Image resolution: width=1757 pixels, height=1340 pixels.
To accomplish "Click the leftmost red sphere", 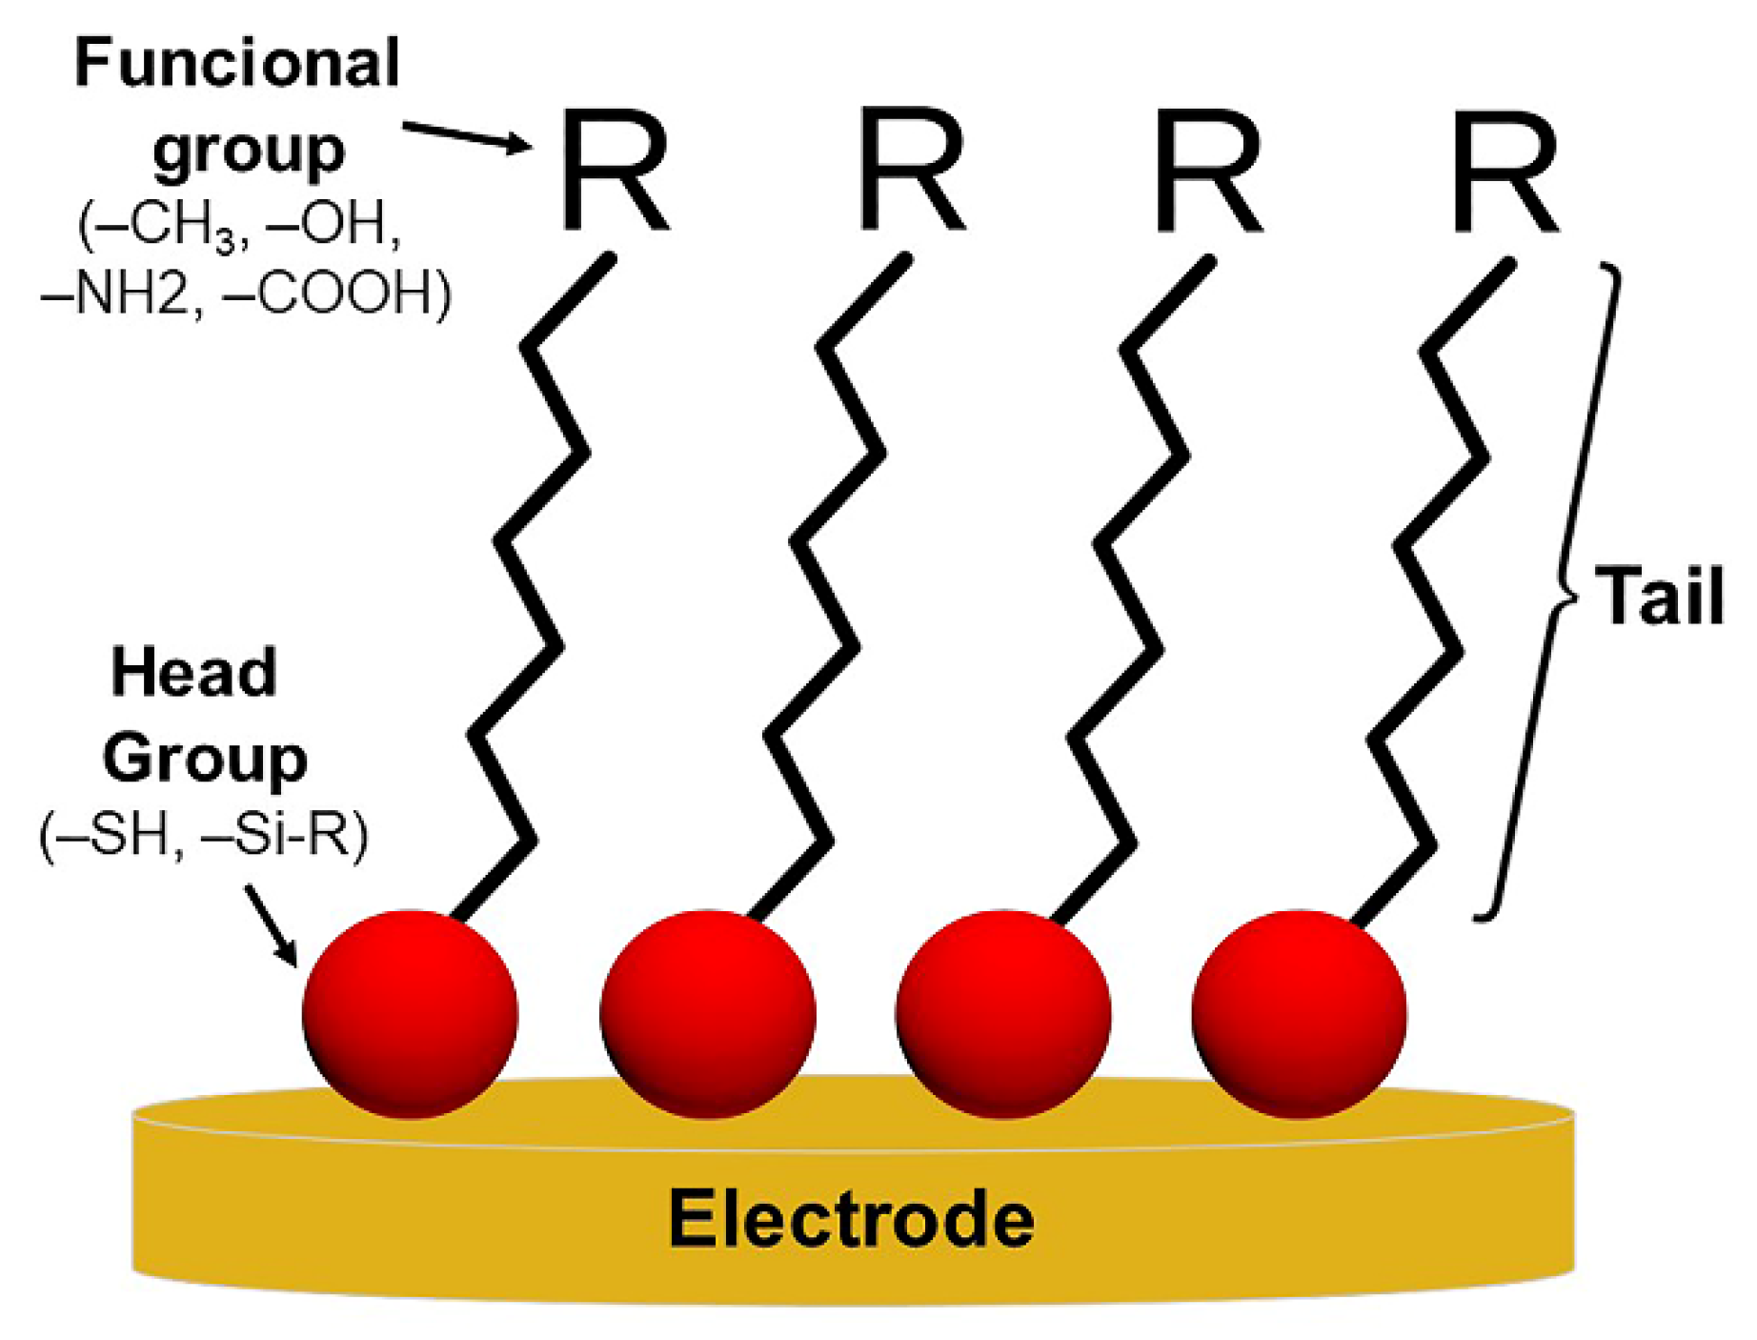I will pos(410,1013).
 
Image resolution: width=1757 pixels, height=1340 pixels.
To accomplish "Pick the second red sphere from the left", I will pos(707,1013).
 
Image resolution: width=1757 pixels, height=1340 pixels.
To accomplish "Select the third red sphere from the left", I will pos(1002,1013).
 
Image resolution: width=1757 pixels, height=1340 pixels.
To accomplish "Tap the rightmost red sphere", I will pos(1299,1013).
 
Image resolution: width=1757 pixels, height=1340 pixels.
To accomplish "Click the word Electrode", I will pos(851,1219).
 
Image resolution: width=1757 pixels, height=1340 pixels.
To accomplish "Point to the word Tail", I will pos(1659,596).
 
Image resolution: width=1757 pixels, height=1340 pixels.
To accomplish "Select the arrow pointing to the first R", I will pos(466,136).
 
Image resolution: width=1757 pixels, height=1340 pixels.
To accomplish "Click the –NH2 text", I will pos(114,293).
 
